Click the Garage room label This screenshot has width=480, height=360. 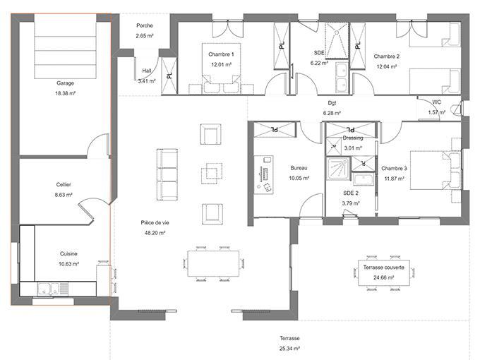click(65, 83)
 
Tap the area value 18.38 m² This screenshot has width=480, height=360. click(65, 92)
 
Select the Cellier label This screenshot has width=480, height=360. click(64, 184)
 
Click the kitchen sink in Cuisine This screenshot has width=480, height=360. click(49, 287)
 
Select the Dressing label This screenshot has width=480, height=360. click(352, 138)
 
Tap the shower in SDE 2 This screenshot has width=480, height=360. click(338, 169)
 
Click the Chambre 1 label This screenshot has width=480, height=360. click(221, 54)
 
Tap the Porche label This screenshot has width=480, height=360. click(145, 26)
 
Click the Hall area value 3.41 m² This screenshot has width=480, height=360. click(147, 81)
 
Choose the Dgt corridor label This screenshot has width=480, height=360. click(331, 103)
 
